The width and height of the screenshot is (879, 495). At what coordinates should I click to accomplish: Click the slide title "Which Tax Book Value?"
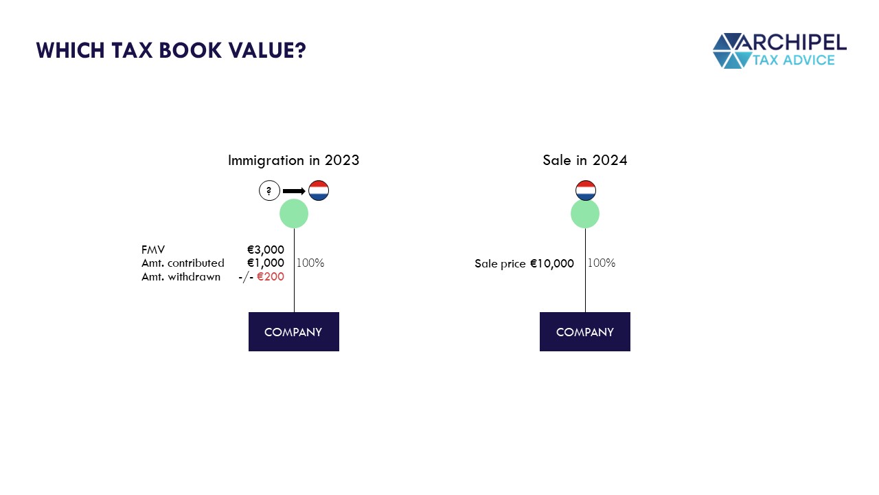(170, 51)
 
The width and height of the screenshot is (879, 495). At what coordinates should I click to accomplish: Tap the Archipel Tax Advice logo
(779, 51)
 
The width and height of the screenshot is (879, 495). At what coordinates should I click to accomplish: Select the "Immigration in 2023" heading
(293, 160)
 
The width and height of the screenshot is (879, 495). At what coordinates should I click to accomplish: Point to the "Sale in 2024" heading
(584, 160)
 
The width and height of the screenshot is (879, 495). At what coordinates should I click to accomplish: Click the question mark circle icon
(269, 190)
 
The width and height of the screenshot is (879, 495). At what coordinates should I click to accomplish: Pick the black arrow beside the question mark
(294, 190)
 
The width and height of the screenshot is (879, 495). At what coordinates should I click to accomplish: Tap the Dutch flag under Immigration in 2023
(319, 190)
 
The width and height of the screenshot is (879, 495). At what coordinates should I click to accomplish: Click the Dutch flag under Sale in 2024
(585, 190)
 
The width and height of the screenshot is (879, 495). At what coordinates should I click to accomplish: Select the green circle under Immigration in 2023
(294, 214)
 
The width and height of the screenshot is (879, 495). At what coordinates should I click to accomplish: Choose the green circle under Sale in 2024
(585, 214)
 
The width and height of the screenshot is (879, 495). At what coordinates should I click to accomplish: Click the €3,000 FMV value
(265, 250)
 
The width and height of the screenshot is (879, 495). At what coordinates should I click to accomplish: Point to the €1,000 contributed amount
(265, 263)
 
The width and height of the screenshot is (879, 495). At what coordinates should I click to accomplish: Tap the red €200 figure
(270, 276)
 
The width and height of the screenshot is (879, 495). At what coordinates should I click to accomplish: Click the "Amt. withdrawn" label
(181, 276)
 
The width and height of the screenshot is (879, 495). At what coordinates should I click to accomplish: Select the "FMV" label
(153, 250)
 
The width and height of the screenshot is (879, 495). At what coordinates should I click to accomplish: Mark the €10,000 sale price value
(551, 263)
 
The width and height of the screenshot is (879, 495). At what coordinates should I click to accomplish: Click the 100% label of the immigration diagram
(310, 263)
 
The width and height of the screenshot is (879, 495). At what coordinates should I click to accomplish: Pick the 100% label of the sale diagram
(601, 263)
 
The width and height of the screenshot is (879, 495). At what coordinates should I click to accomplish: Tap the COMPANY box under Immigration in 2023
(293, 331)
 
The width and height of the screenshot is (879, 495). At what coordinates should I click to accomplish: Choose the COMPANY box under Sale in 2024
(584, 331)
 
